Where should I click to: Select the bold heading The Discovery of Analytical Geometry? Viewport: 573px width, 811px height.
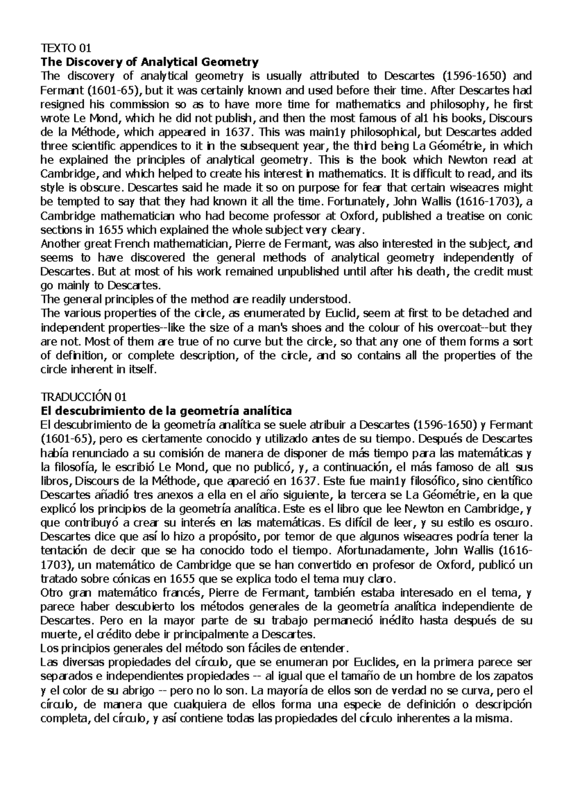tap(149, 62)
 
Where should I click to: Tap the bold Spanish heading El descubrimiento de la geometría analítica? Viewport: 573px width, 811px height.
tap(166, 411)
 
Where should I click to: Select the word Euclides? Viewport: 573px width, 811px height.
tap(376, 663)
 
